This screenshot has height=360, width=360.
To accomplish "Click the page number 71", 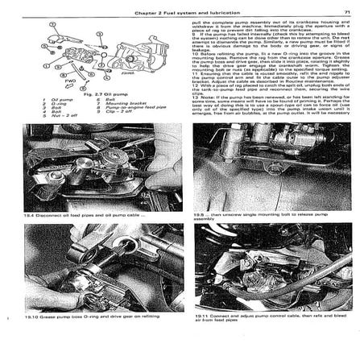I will tap(346, 12).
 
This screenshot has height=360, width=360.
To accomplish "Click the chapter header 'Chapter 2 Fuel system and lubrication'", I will tap(186, 12).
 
